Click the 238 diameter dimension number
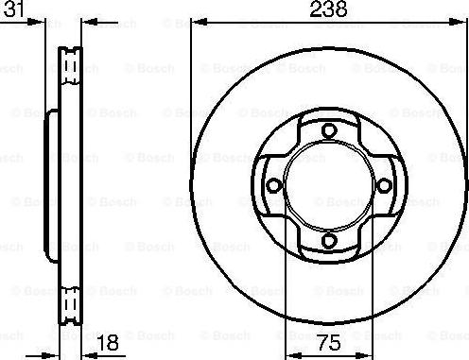[x=328, y=9]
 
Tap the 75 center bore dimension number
[x=329, y=342]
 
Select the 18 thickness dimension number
[x=108, y=342]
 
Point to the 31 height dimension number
[x=12, y=9]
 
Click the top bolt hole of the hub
[x=329, y=130]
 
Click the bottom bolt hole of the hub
[x=329, y=240]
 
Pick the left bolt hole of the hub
[x=274, y=185]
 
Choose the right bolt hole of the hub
[x=384, y=185]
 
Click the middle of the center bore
[x=329, y=185]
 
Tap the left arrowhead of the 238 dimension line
[x=200, y=22]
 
